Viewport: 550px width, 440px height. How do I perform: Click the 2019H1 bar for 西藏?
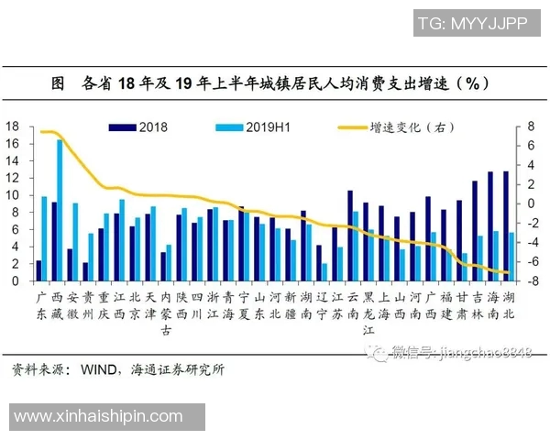(x=60, y=211)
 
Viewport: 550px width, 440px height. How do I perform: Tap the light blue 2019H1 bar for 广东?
(x=44, y=238)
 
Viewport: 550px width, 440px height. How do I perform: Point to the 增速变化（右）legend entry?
(x=385, y=126)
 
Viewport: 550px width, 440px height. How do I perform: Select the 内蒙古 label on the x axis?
(x=165, y=313)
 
